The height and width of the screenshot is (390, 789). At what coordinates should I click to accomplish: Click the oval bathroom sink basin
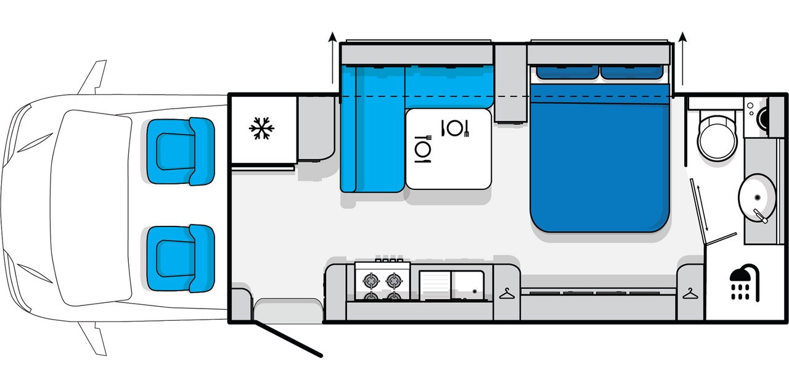(758, 196)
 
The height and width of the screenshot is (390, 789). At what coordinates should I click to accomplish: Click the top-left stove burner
(372, 281)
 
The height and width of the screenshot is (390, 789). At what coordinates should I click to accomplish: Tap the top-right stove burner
(394, 281)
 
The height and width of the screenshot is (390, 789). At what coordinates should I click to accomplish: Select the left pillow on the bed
(567, 72)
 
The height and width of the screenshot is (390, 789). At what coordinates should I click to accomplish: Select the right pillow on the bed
(631, 72)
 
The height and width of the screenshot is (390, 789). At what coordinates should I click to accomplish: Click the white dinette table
(449, 148)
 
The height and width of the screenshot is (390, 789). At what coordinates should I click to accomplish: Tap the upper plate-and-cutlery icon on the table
(456, 128)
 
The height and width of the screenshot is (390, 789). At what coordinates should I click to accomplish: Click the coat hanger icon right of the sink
(507, 294)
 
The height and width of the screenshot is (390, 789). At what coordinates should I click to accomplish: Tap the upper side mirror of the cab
(94, 77)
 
